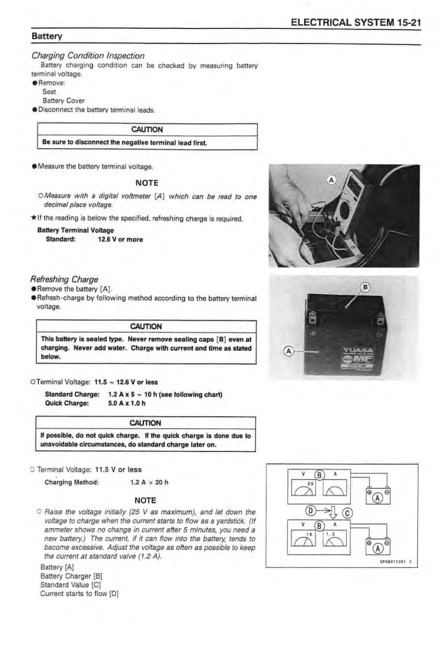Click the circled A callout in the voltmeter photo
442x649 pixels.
[x=329, y=180]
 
